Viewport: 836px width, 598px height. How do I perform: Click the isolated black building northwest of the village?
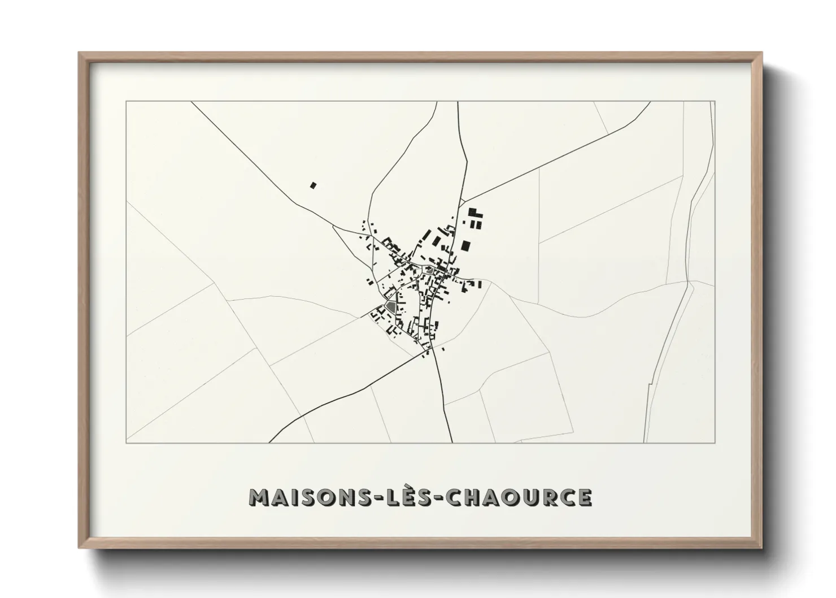click(x=313, y=184)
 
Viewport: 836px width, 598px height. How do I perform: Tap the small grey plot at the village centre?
click(x=430, y=270)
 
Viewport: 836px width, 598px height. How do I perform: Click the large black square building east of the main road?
click(x=465, y=245)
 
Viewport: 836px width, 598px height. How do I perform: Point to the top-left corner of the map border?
click(x=127, y=102)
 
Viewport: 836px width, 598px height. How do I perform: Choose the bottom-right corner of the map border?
click(x=715, y=442)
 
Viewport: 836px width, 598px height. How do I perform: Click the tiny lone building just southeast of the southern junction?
click(x=443, y=349)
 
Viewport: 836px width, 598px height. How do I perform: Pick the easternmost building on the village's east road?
click(x=480, y=284)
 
